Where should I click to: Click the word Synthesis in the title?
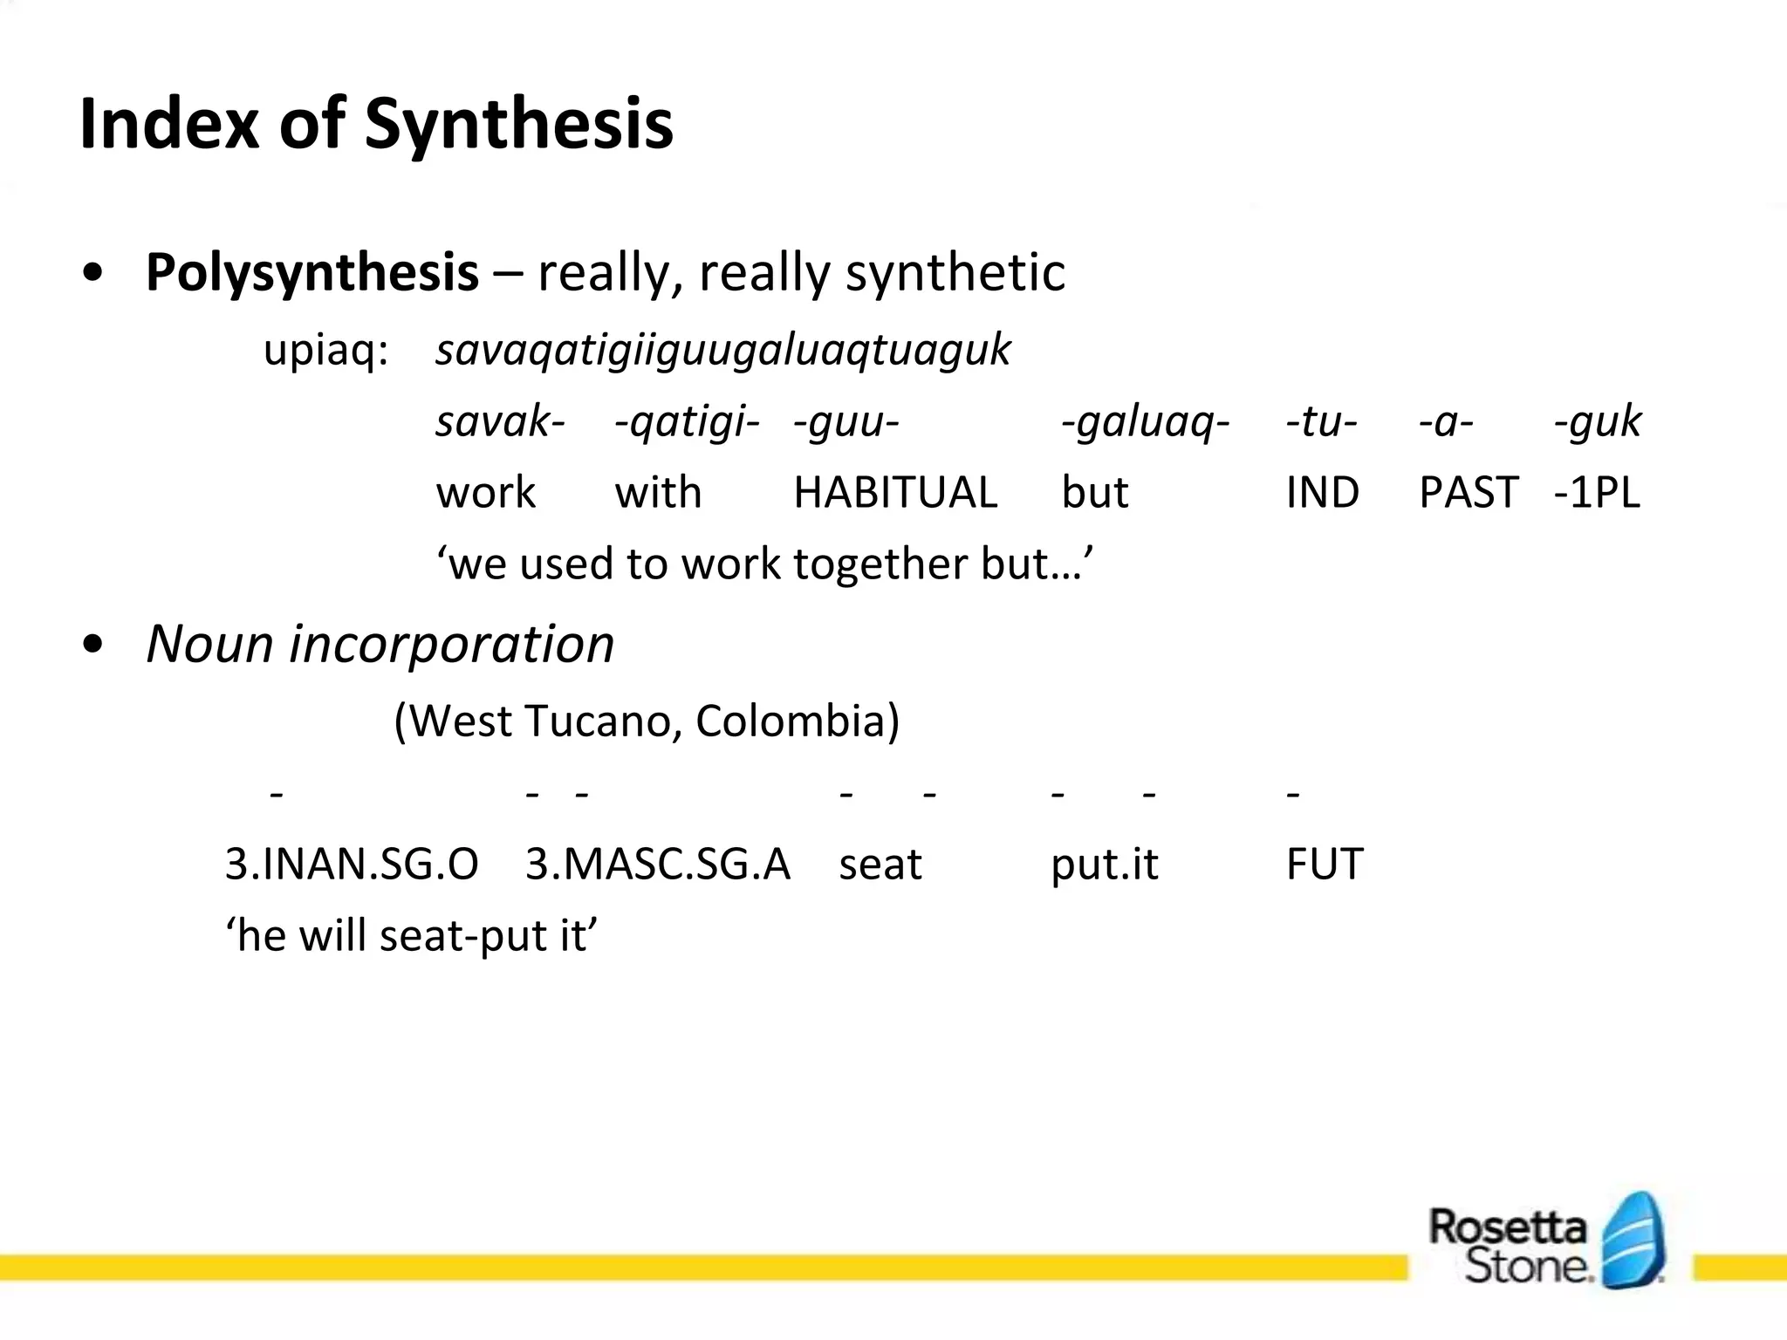click(518, 125)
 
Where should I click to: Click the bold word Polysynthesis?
click(312, 272)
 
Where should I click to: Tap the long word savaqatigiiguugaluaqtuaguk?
click(722, 351)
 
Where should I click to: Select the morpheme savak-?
click(500, 422)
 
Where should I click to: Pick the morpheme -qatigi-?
click(687, 423)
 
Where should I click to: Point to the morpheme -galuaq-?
click(1145, 423)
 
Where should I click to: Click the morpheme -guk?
click(1597, 422)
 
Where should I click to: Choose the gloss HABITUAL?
click(895, 493)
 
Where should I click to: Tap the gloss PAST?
click(1469, 493)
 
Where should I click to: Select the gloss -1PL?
click(1597, 493)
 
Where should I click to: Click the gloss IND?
click(1322, 493)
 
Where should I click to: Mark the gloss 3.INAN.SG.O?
click(352, 865)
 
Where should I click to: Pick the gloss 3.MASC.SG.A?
click(657, 865)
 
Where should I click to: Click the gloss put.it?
click(1104, 865)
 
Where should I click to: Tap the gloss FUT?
click(1324, 865)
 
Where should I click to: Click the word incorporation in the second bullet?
click(451, 645)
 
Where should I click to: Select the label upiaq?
click(325, 351)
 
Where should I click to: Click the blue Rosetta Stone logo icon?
click(1634, 1241)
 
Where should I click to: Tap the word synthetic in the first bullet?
click(955, 272)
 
